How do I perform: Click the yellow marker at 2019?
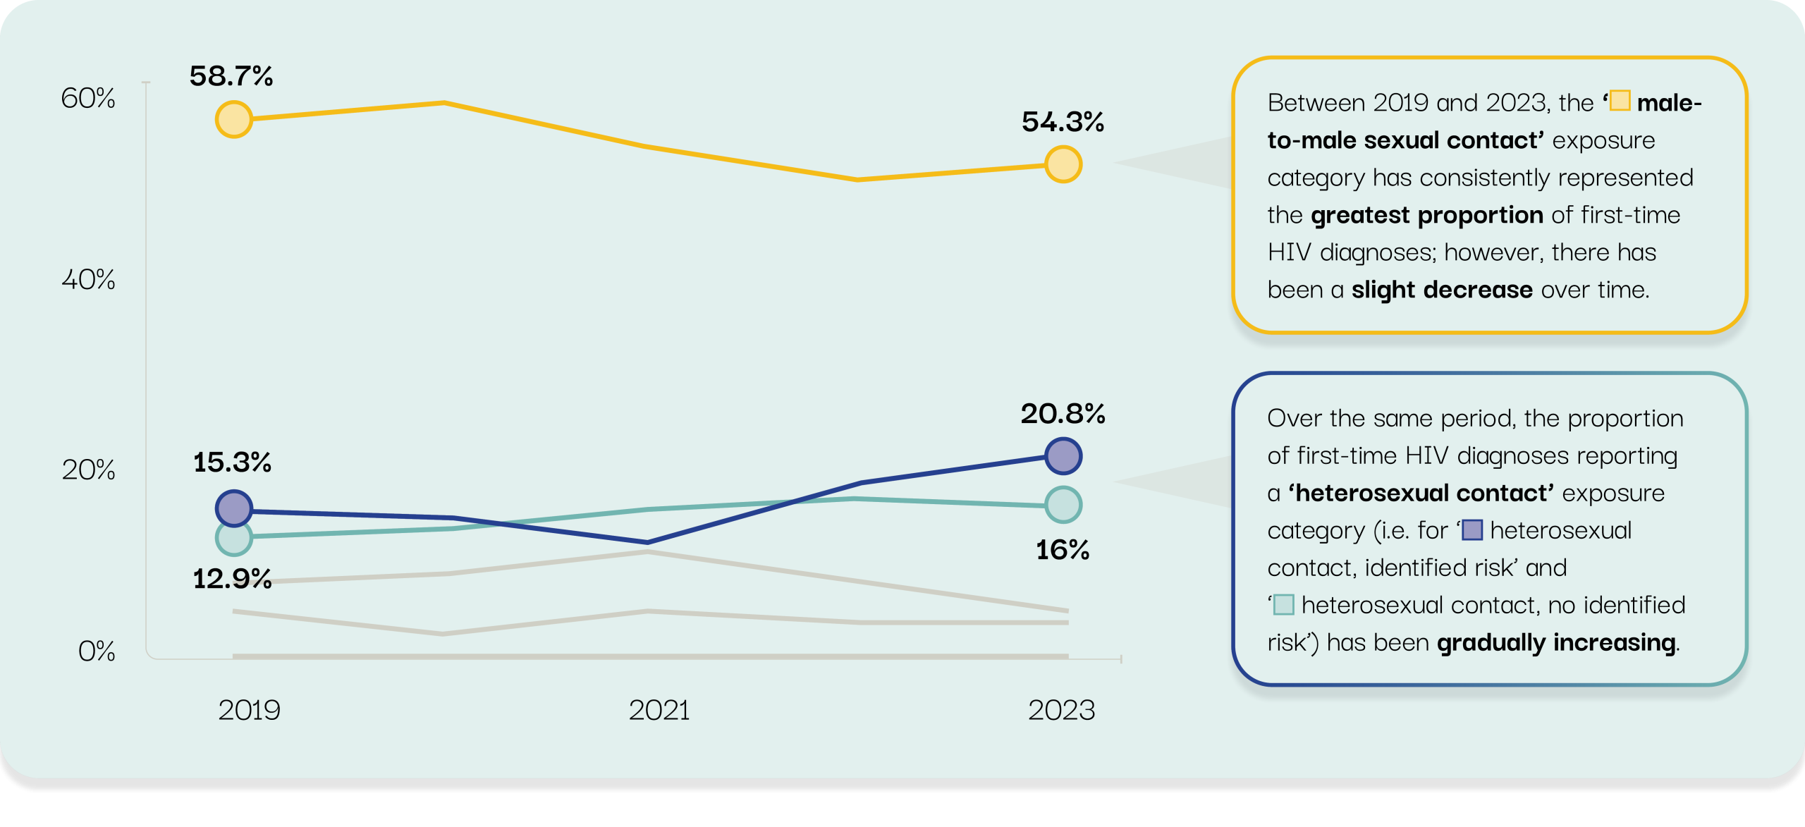click(233, 119)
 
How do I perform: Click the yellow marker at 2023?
click(1063, 164)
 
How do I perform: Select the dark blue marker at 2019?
click(233, 508)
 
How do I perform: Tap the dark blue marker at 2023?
click(1063, 455)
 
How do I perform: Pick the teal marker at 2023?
click(1063, 505)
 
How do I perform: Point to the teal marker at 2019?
click(233, 538)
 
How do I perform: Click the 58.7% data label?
click(231, 76)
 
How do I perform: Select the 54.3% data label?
click(1063, 122)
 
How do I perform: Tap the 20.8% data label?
click(1063, 414)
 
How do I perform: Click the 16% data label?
click(1063, 550)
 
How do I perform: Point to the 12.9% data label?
click(232, 579)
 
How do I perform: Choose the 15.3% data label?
click(232, 462)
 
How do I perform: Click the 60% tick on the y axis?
click(88, 98)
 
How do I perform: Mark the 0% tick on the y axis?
click(97, 651)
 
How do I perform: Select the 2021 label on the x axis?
click(659, 710)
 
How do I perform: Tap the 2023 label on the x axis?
click(1061, 710)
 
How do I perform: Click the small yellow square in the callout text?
click(1620, 101)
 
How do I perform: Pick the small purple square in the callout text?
click(1472, 529)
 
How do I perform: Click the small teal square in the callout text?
click(1284, 604)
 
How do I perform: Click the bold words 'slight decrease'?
click(1441, 290)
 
